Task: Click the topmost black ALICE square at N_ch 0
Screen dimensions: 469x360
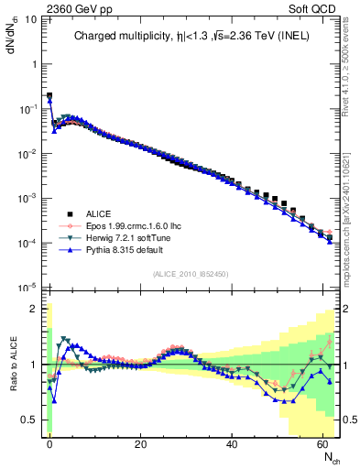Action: (x=49, y=95)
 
